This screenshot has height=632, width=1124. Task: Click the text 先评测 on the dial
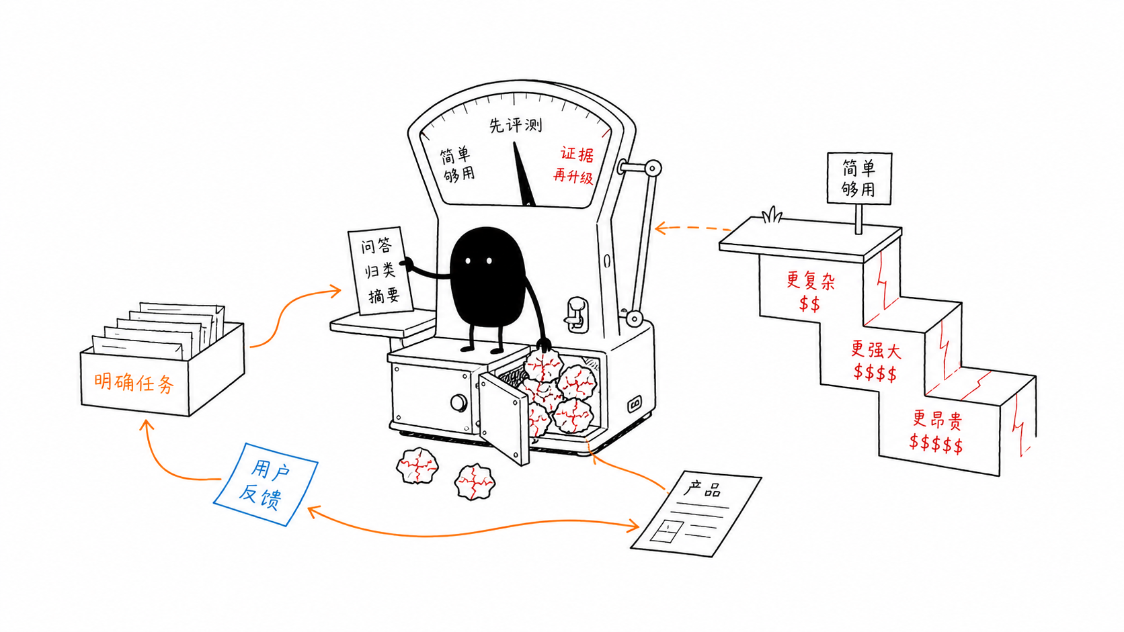coord(516,125)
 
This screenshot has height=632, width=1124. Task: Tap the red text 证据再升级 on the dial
coord(574,165)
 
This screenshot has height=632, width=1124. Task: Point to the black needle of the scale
coord(523,173)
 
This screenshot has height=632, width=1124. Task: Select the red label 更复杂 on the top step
coord(810,280)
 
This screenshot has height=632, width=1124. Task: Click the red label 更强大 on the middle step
coord(876,349)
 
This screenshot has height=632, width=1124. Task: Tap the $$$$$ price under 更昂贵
coord(936,443)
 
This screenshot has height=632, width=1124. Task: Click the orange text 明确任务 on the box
coord(134,383)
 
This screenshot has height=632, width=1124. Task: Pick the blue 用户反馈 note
coord(266,484)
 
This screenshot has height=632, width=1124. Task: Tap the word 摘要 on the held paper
coord(384,296)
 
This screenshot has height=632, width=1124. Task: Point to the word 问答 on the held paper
coord(376,246)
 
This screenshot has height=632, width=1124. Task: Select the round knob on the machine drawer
coord(458,402)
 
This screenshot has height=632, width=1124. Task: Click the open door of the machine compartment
coord(504,418)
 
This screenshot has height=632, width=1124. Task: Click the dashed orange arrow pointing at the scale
coord(692,228)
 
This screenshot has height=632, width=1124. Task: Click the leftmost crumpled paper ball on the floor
coord(417,465)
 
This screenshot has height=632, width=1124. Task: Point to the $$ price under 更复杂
coord(809,304)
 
